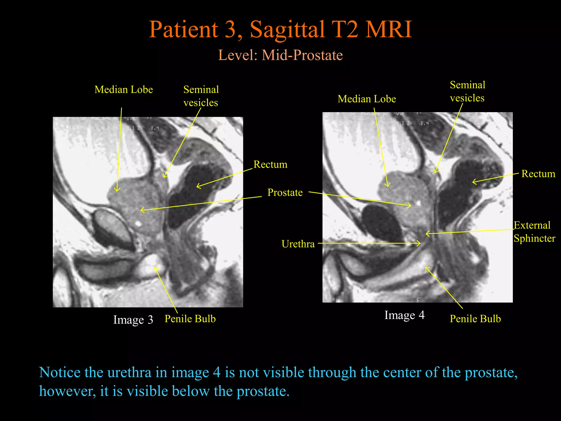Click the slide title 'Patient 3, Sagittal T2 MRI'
point(280,29)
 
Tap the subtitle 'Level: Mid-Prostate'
point(280,55)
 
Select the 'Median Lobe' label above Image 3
point(124,90)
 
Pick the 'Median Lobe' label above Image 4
point(367,99)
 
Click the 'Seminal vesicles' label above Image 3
point(201,96)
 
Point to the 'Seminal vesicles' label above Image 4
point(468,91)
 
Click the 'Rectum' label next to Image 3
point(270,164)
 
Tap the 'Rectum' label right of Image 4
point(538,174)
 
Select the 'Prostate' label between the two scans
point(285,192)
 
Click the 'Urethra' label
point(298,244)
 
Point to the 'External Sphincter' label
point(534,232)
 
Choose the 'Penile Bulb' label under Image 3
point(190,319)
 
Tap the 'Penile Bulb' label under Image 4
point(475,319)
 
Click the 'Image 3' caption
point(133,320)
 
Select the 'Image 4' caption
point(404,315)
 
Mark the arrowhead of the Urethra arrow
point(420,243)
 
